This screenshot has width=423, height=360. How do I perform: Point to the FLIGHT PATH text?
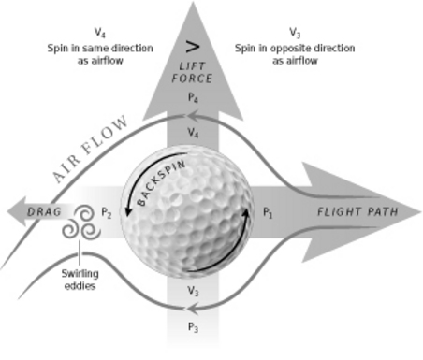[357, 212]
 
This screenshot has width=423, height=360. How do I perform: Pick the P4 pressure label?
[193, 97]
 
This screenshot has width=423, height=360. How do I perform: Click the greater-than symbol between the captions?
[194, 45]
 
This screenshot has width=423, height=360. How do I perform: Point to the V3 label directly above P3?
[193, 293]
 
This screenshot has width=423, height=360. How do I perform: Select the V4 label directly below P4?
[193, 134]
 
